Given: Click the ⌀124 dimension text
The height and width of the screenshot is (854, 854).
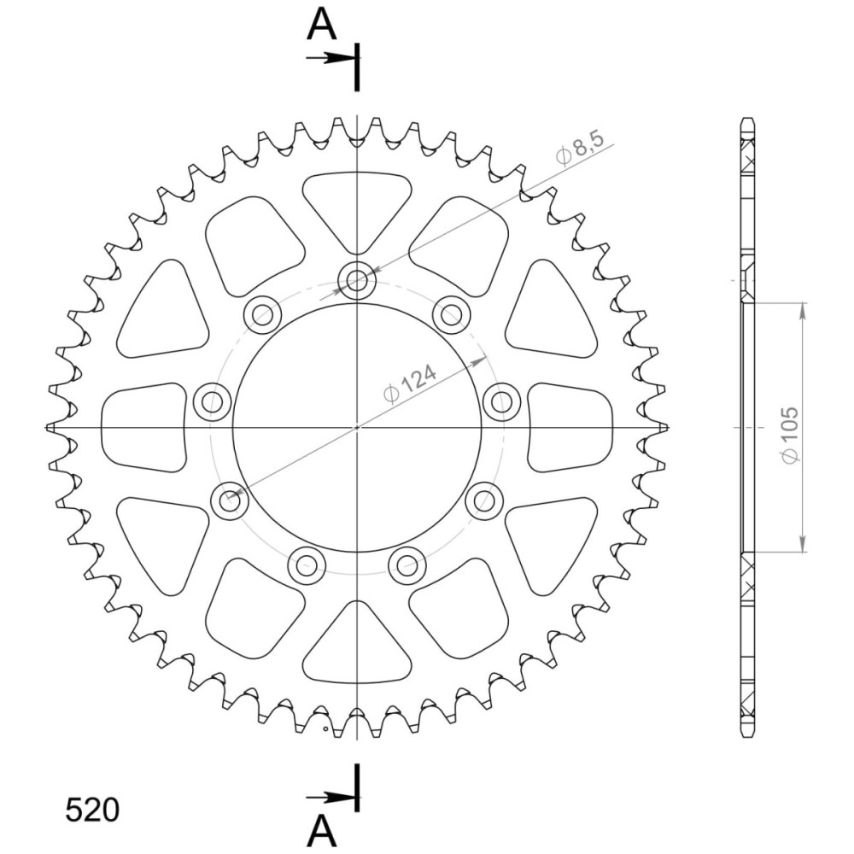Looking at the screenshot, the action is [x=410, y=384].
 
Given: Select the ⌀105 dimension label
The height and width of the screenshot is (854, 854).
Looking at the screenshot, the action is [x=789, y=436].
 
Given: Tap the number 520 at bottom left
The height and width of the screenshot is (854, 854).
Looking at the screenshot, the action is [x=92, y=810].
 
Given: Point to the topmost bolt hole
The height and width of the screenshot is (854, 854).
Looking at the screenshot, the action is [x=357, y=281].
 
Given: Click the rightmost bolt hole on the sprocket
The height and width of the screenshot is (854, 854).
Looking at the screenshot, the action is [x=501, y=402].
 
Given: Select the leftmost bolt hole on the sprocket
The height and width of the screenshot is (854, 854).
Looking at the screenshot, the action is [x=212, y=402].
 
